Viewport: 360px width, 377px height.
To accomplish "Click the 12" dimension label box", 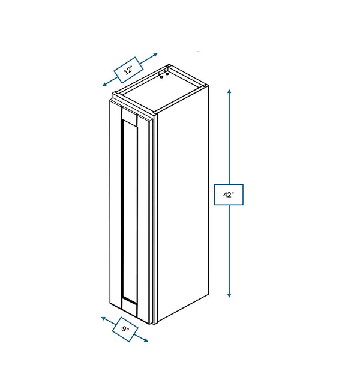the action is click(128, 70).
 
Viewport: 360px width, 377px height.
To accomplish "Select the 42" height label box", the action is click(229, 195).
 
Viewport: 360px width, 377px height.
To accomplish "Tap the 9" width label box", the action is click(125, 329).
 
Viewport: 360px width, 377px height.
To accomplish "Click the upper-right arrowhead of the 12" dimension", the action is click(155, 55).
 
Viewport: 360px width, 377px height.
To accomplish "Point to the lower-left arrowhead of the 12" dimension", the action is click(104, 84).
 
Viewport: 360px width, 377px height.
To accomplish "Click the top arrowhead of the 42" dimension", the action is click(229, 91).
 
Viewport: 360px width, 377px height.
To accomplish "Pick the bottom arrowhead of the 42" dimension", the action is click(229, 295).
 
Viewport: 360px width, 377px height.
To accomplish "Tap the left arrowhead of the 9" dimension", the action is click(103, 318).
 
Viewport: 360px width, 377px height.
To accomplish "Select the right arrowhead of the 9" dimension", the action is click(146, 340).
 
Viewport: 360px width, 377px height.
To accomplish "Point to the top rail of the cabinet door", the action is click(129, 116).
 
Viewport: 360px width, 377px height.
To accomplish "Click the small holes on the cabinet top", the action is click(163, 74).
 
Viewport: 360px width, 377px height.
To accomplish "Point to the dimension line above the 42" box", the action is click(229, 137).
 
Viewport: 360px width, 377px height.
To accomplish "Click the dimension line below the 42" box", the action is click(229, 250).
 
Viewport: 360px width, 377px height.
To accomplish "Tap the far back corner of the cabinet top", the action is click(169, 65).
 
